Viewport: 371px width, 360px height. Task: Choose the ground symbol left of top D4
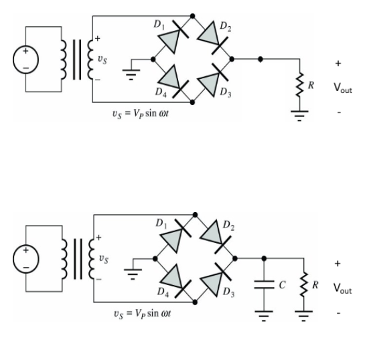[x=134, y=74]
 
